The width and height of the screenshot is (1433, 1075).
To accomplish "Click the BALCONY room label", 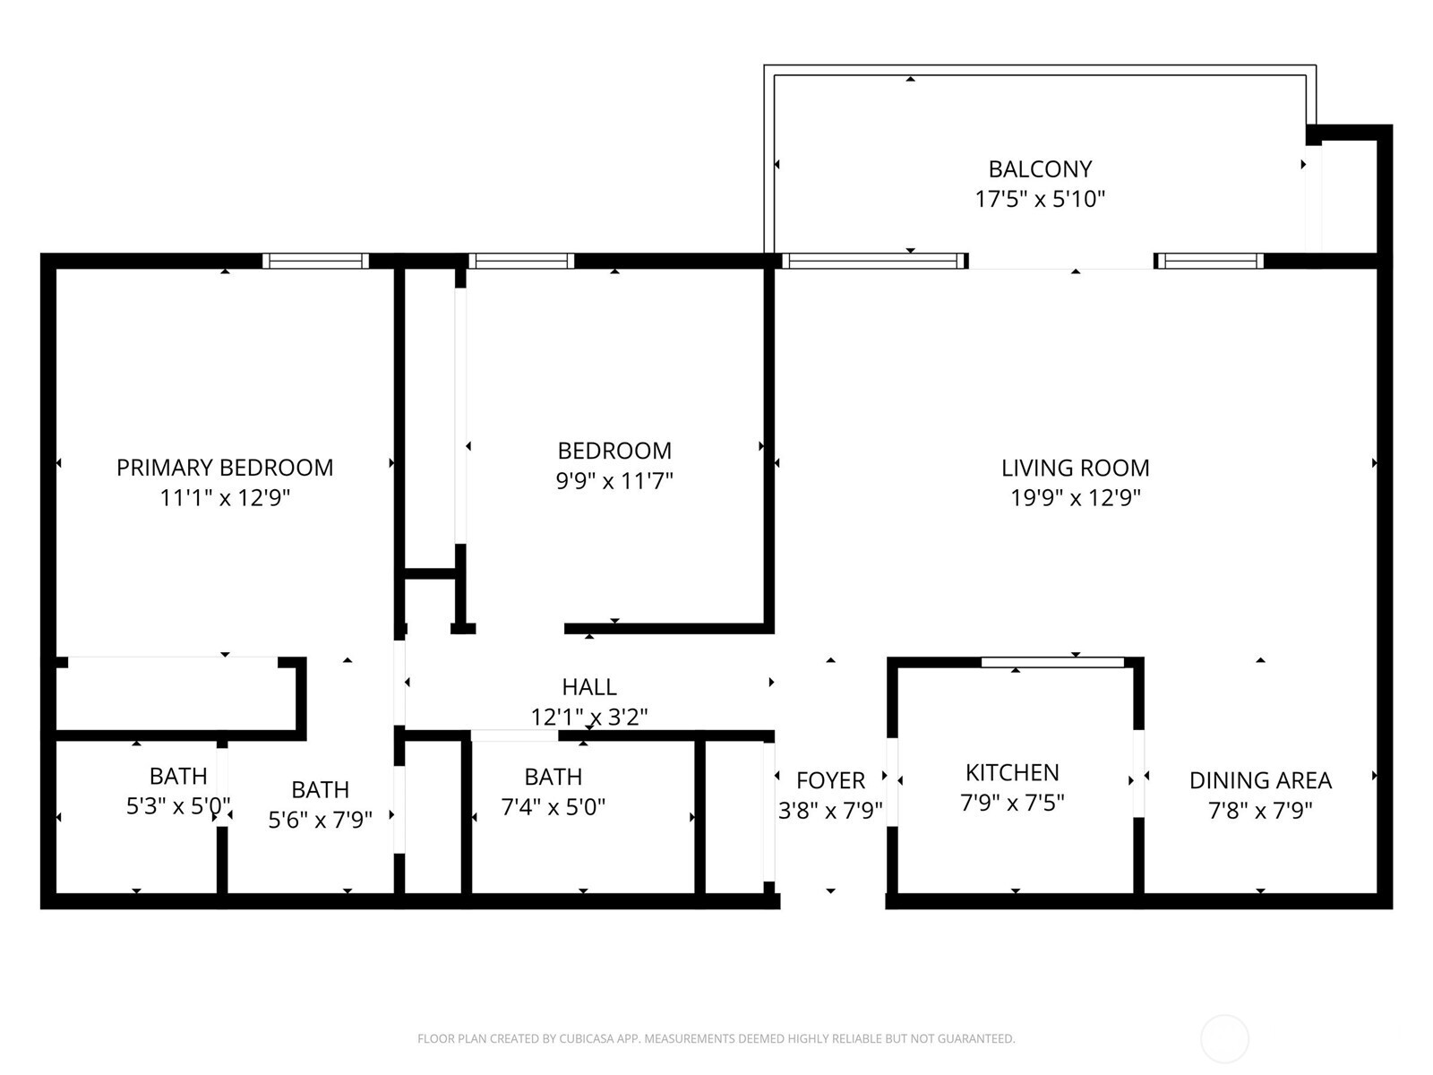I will point(1040,169).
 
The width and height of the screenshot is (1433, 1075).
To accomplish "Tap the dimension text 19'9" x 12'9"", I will point(1075,498).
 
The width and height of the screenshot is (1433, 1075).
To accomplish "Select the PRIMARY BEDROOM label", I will point(225,468).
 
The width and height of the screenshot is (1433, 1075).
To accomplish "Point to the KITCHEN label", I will point(1012,772).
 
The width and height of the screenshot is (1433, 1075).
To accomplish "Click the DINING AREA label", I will point(1260,780).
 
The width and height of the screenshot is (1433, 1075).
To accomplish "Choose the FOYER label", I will point(830,780).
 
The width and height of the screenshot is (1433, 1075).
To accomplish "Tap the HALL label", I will point(588,687).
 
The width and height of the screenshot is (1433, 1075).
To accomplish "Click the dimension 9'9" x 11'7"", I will point(614,481).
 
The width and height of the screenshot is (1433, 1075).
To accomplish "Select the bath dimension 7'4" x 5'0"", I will point(553,807).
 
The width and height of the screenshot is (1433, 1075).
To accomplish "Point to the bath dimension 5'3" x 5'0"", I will point(177,806).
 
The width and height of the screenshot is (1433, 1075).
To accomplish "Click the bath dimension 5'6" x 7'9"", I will point(320,820).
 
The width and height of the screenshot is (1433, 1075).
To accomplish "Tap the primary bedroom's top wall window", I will point(315,262).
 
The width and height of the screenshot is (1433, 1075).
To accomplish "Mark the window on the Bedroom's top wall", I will point(520,262).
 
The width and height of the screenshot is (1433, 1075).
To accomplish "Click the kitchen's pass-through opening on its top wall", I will point(1052,662).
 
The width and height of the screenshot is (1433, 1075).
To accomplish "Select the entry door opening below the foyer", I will point(832,900).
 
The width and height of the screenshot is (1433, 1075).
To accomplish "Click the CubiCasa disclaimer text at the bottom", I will point(716,1039).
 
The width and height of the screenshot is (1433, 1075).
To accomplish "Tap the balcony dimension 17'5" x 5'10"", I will point(1040,199).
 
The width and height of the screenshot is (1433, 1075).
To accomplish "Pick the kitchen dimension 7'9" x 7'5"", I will point(1012,803).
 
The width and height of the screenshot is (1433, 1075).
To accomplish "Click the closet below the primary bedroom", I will point(175,695).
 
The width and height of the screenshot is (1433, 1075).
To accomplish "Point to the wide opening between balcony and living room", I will point(1061,262).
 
